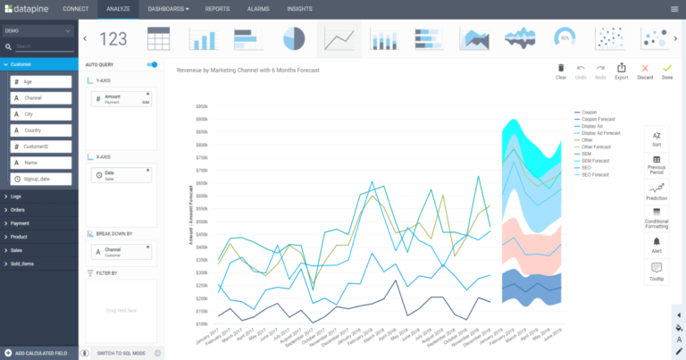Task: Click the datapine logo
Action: [x=27, y=9]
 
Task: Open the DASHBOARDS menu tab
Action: [x=168, y=9]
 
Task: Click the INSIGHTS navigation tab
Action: [x=300, y=9]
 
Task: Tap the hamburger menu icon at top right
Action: [x=674, y=9]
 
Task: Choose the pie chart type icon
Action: [x=294, y=38]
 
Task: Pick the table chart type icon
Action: [x=159, y=38]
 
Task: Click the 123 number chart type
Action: [x=113, y=38]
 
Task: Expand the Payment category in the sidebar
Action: [x=20, y=222]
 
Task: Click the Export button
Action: [x=621, y=71]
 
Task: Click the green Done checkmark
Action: [x=666, y=71]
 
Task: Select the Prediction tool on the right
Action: [x=657, y=192]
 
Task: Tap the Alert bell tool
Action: [x=657, y=245]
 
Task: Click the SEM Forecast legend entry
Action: [x=593, y=161]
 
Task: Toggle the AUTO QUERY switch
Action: [x=153, y=65]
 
